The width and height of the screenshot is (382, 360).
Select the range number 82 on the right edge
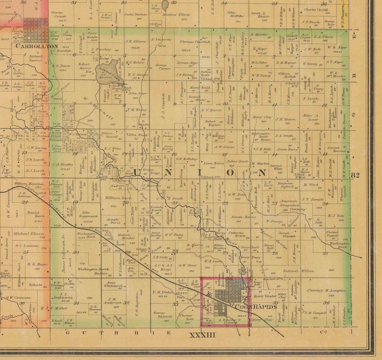click(356, 175)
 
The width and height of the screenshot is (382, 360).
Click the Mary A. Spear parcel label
click(310, 117)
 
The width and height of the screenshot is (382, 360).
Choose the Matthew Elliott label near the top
click(178, 15)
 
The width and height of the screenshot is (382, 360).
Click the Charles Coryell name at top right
click(317, 10)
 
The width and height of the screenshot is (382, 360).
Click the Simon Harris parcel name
click(243, 217)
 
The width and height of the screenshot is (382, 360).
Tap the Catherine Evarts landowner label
click(237, 235)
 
